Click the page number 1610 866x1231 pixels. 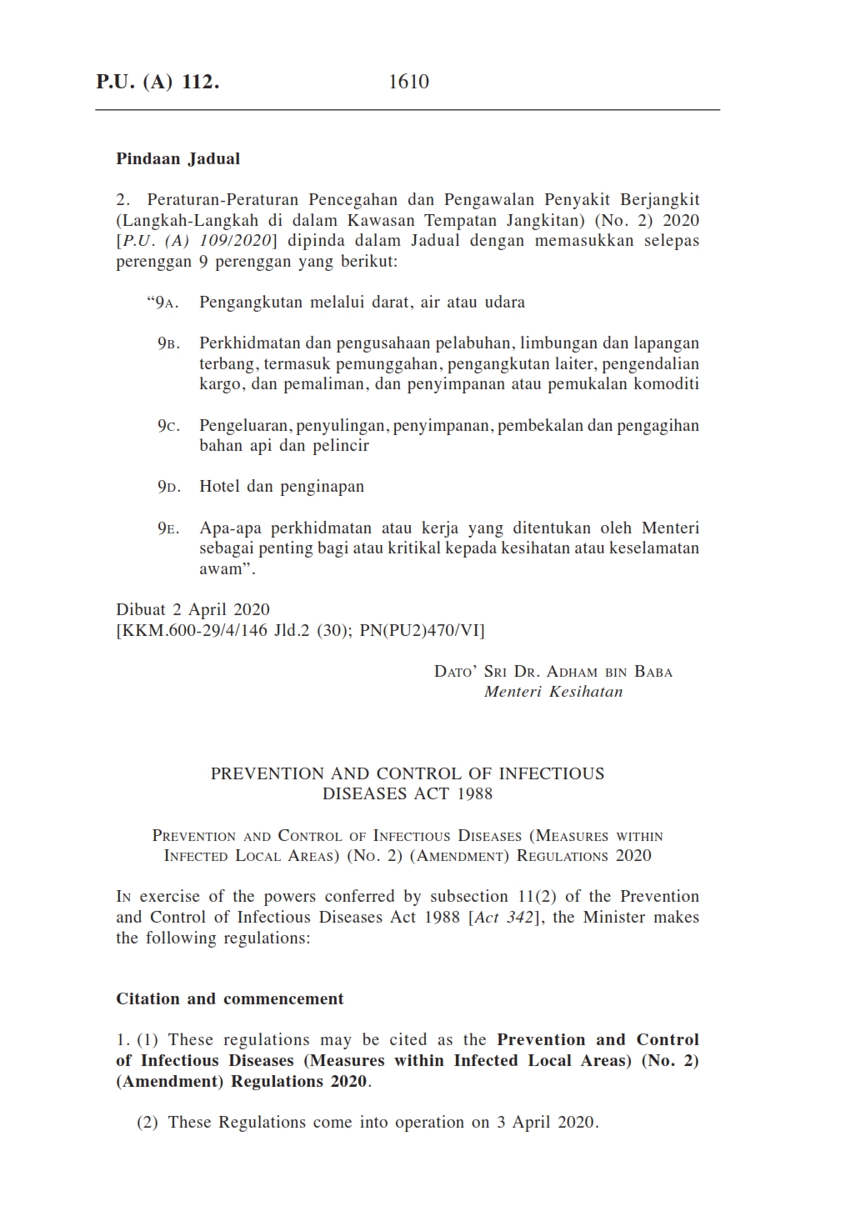click(x=408, y=82)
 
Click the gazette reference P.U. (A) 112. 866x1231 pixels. click(x=158, y=82)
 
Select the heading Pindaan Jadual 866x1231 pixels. click(x=178, y=158)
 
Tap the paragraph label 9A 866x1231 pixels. click(x=164, y=303)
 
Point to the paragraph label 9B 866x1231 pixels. click(x=168, y=343)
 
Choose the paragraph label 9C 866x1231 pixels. click(x=168, y=426)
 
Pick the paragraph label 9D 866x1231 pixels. click(x=168, y=487)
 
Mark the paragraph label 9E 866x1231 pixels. click(x=168, y=528)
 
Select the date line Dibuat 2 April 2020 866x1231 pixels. click(x=193, y=610)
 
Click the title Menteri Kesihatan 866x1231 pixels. click(x=553, y=692)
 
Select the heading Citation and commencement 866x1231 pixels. click(x=230, y=998)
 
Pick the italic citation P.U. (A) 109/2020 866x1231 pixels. click(x=198, y=242)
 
